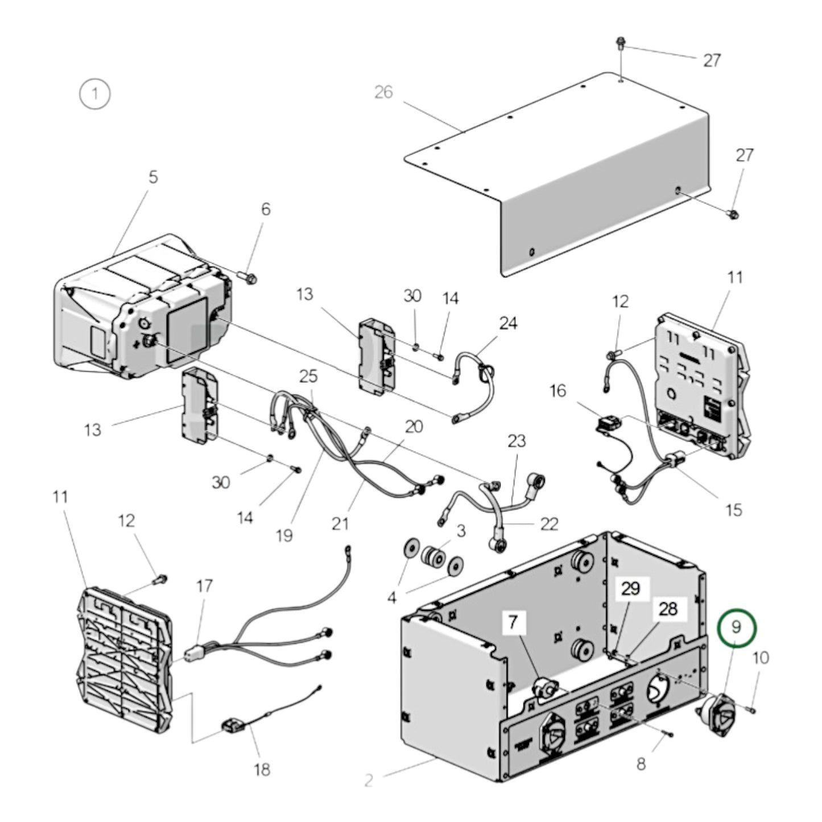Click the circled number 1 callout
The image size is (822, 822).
(94, 93)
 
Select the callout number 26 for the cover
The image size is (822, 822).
(383, 92)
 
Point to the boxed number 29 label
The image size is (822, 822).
(630, 588)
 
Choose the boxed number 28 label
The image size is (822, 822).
(668, 609)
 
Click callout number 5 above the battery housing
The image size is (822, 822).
(153, 177)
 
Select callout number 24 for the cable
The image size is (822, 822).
(509, 323)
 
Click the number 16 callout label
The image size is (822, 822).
(557, 390)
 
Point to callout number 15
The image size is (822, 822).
(734, 509)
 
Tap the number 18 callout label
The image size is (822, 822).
(262, 770)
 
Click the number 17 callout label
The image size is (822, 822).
(204, 586)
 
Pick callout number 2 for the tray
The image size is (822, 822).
(369, 780)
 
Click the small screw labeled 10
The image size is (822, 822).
(751, 710)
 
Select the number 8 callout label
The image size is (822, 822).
(641, 763)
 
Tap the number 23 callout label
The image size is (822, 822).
(517, 441)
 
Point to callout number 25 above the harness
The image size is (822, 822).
(308, 376)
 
